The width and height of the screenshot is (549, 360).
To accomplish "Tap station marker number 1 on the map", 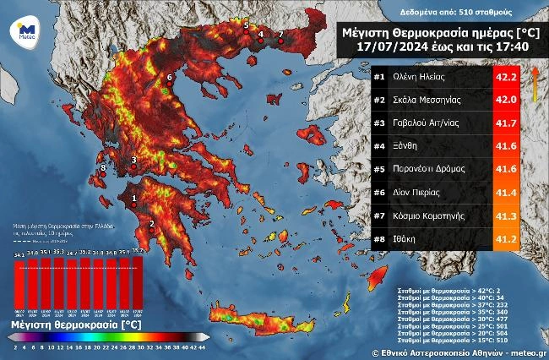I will [132, 200].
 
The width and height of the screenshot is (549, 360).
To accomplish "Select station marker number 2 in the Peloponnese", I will [151, 223].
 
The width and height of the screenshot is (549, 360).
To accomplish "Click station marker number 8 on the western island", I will [103, 169].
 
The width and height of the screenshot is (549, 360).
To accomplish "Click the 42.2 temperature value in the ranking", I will [507, 76].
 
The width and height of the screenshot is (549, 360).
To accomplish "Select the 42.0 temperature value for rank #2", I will [507, 99].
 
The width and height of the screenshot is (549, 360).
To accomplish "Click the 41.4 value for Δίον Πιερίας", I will [507, 193].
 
